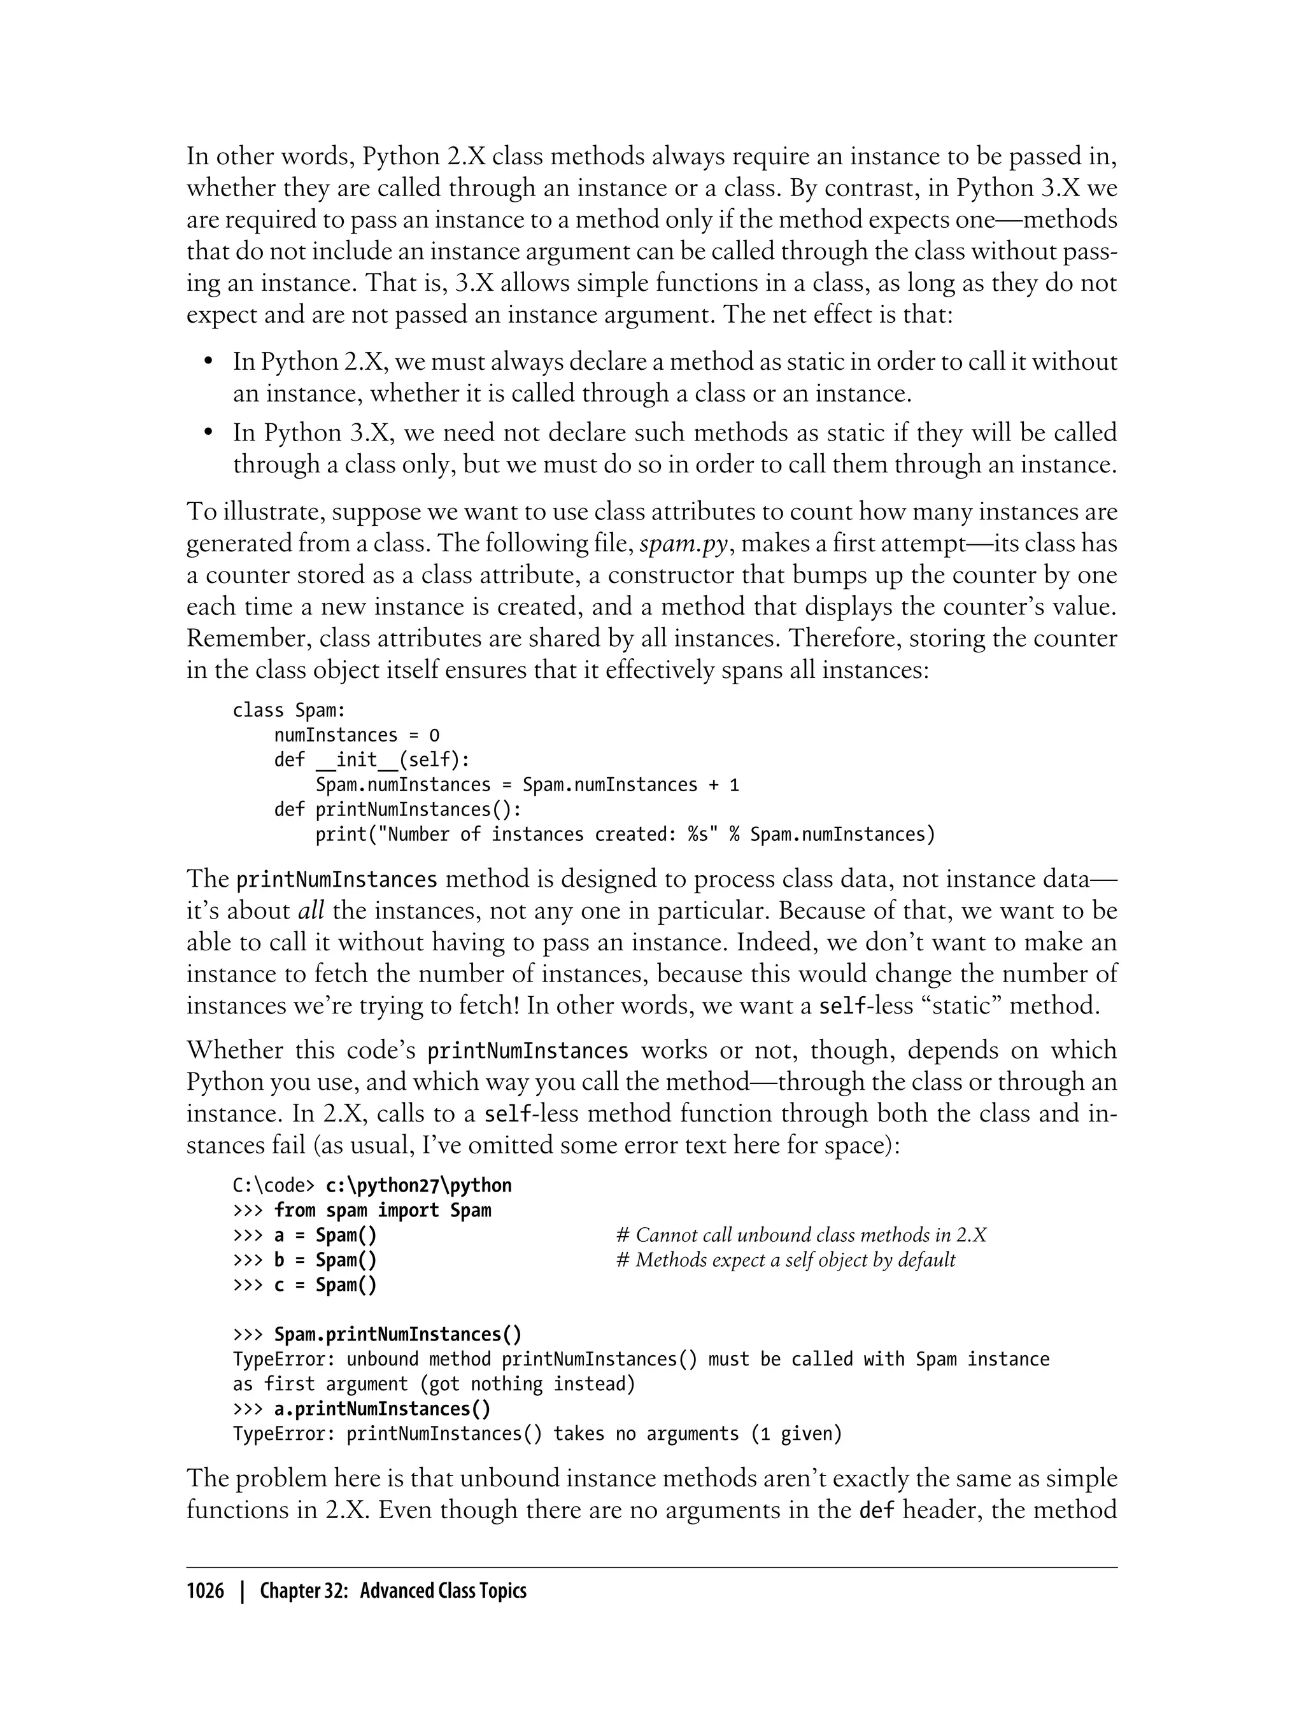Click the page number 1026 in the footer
coord(205,1591)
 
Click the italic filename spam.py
coord(683,543)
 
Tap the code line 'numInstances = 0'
coord(357,735)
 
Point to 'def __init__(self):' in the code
coord(372,759)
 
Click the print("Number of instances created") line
coord(625,834)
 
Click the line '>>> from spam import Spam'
coord(362,1211)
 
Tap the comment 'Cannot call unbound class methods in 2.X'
coord(801,1236)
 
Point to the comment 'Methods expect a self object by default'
coord(786,1260)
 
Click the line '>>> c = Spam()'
coord(304,1285)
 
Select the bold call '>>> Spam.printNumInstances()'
coord(377,1335)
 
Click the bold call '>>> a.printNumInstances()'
coord(362,1409)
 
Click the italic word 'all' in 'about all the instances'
coord(311,910)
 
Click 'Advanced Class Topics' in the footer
coord(443,1591)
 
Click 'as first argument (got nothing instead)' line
coord(434,1384)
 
